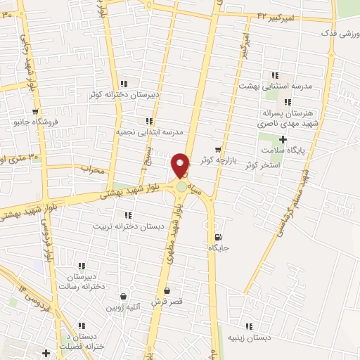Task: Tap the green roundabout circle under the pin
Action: (182, 186)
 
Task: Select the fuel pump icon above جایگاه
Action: (217, 236)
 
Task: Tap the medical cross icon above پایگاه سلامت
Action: (283, 139)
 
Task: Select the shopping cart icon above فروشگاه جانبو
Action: (34, 111)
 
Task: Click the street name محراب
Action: (92, 169)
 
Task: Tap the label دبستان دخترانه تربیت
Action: (134, 226)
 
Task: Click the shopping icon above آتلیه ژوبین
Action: (124, 297)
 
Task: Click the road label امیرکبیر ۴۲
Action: (275, 15)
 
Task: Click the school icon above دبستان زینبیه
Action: (248, 326)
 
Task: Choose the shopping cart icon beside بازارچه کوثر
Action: (219, 149)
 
